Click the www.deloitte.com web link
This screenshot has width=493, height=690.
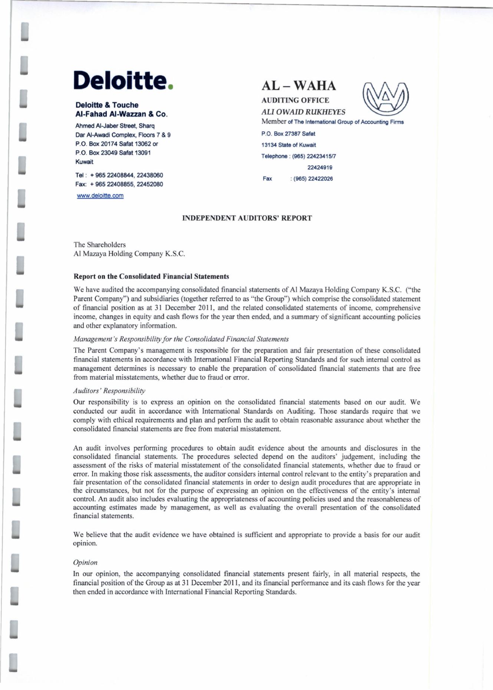point(100,196)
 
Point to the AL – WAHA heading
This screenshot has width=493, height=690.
point(299,86)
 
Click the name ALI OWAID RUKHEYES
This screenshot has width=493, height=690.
point(303,112)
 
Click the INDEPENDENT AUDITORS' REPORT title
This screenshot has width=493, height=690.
point(247,218)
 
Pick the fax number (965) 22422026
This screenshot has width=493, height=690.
point(313,179)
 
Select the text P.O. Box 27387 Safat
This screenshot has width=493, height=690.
point(288,134)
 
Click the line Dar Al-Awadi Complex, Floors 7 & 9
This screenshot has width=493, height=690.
point(123,135)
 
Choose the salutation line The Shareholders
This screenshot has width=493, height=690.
point(100,245)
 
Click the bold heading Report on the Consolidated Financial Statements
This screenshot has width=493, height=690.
point(151,277)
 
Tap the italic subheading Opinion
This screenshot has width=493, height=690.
point(85,562)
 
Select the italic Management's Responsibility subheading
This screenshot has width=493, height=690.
point(181,339)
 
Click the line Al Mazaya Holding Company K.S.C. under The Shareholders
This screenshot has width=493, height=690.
point(129,254)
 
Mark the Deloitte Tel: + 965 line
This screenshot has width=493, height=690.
point(119,175)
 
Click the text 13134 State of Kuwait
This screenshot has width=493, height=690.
point(289,145)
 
